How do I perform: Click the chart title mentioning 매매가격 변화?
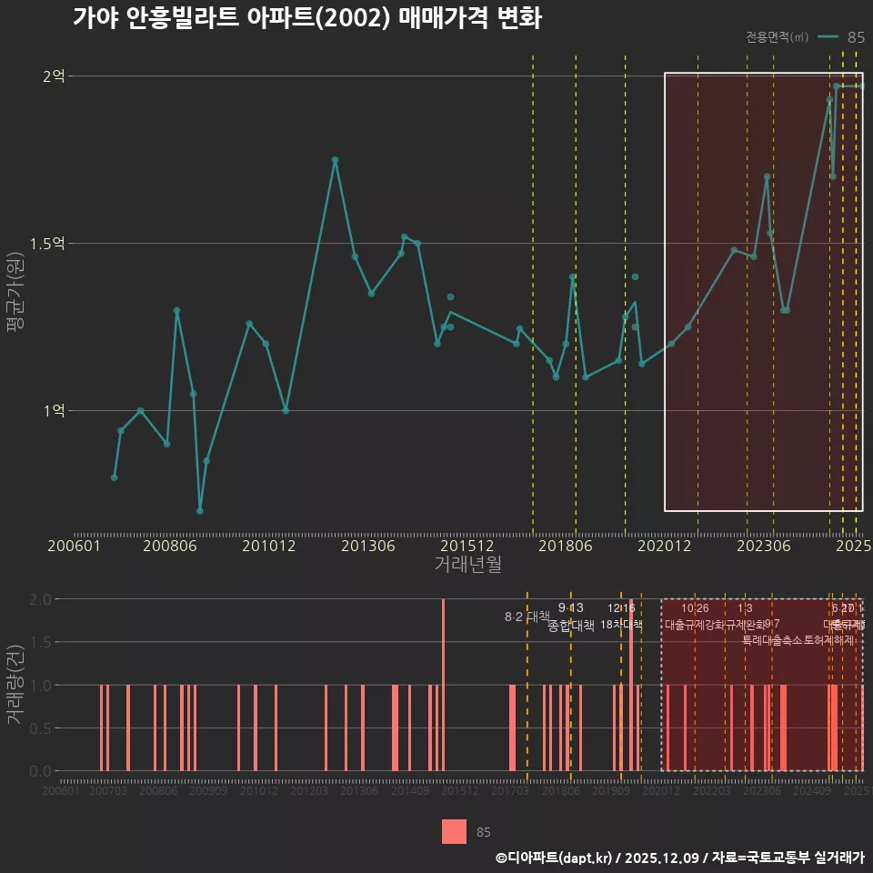point(306,19)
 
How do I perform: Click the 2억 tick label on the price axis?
point(54,76)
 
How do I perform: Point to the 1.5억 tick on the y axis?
point(48,244)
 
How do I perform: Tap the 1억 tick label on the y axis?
point(54,411)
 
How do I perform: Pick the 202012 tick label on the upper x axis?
point(664,547)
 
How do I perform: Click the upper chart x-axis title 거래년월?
point(467,565)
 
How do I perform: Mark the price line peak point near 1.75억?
point(335,160)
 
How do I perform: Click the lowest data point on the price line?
point(200,511)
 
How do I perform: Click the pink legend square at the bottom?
point(454,831)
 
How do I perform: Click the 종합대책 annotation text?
point(570,626)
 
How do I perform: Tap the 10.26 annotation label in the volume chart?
point(695,607)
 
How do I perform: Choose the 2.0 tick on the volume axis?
point(40,599)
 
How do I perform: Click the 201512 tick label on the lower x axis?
point(459,791)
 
